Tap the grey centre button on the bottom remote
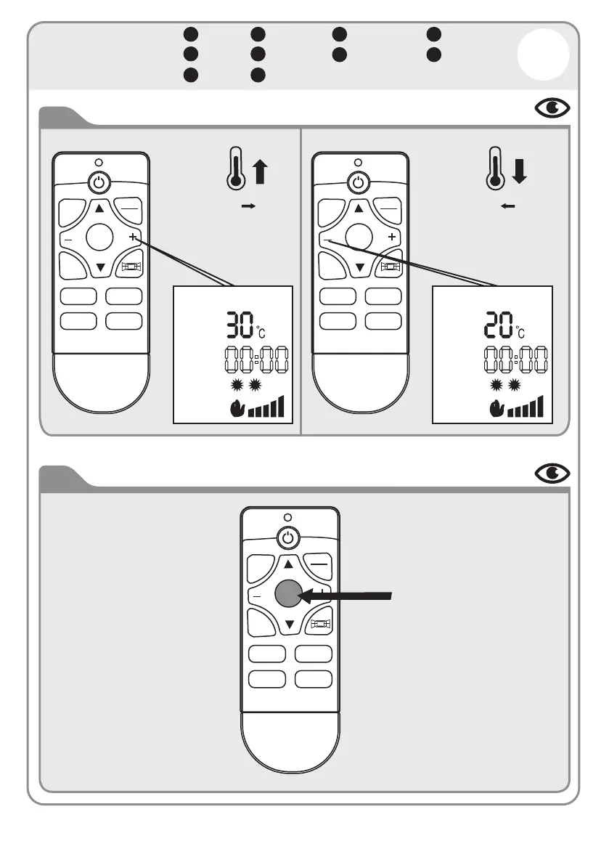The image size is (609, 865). tap(288, 595)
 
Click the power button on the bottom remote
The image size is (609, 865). tap(288, 538)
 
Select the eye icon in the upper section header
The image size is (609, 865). tap(552, 108)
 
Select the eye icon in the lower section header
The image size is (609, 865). tap(552, 474)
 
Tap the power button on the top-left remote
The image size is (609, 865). tap(98, 182)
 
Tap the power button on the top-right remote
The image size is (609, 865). tap(356, 182)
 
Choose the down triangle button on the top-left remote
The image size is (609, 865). tap(100, 267)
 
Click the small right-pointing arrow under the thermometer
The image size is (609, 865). tap(249, 207)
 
